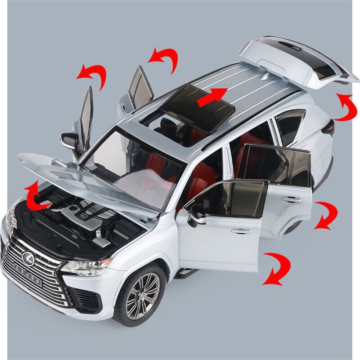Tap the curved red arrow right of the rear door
325,215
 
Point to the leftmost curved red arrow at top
92,72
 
